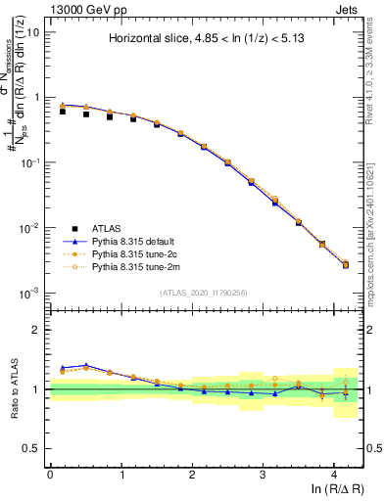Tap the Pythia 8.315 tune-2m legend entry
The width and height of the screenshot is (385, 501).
132,265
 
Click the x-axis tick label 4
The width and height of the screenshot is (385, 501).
334,474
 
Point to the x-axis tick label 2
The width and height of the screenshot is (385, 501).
192,474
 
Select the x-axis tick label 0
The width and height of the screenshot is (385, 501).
50,474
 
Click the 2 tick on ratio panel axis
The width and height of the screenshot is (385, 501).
38,330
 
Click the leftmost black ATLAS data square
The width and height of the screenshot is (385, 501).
63,112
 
